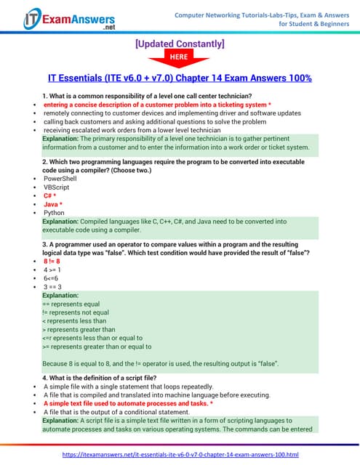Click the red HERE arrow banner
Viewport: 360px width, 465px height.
(x=180, y=59)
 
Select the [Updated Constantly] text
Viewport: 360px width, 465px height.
(x=180, y=44)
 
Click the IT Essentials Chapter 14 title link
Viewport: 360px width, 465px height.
(x=180, y=78)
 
